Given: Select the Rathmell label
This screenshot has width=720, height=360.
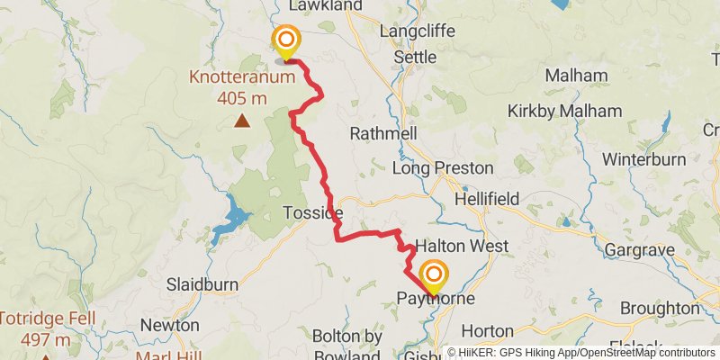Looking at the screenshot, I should pyautogui.click(x=383, y=133).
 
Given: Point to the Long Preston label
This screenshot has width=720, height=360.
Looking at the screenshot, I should pyautogui.click(x=444, y=168).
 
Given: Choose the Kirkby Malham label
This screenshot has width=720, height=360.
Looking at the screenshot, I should pyautogui.click(x=564, y=111).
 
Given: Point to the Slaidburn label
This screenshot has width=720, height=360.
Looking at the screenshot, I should pyautogui.click(x=202, y=284).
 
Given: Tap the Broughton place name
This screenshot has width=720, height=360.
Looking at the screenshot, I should pyautogui.click(x=660, y=308).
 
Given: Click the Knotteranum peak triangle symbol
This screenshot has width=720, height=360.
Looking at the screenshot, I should pyautogui.click(x=242, y=120).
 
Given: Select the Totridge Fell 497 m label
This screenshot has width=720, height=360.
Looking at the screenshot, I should pyautogui.click(x=34, y=328).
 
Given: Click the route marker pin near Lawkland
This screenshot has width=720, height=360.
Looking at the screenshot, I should pyautogui.click(x=285, y=41).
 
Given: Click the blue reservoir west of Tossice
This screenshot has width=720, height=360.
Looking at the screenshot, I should pyautogui.click(x=237, y=215).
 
